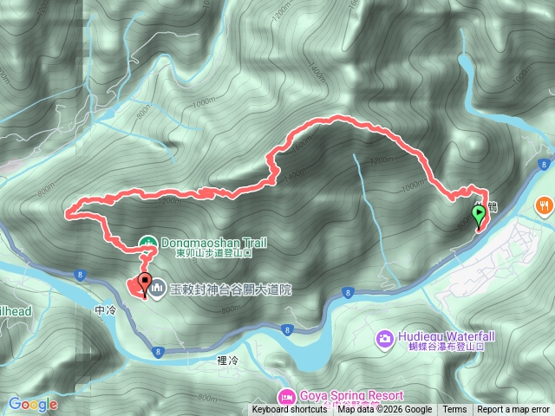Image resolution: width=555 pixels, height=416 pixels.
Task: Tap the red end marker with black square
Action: pos(144,284)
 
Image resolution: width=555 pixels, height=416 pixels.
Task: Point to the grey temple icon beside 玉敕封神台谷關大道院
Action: pos(158,287)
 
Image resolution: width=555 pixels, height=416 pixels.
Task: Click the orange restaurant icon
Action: pos(544,206)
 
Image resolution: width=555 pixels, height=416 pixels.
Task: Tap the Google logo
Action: pos(32,404)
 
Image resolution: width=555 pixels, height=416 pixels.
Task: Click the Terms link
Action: pos(454,410)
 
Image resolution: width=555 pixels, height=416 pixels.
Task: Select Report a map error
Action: pos(513,410)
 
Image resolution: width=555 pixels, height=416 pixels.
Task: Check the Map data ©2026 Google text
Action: pos(385,410)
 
